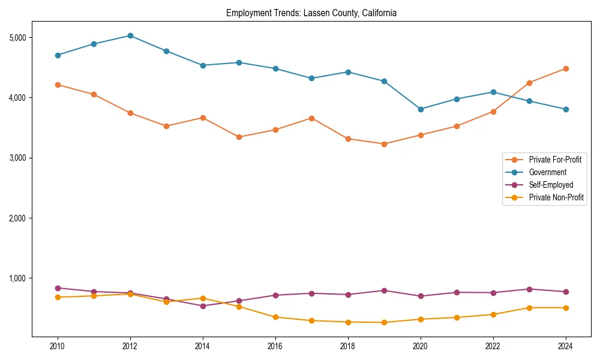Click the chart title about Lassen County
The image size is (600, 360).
311,13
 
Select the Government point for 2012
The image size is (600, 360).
130,35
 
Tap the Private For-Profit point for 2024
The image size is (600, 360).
565,68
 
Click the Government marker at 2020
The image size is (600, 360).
421,109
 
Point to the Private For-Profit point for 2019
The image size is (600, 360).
384,144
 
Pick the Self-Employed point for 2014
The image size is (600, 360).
203,306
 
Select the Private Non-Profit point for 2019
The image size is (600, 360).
384,323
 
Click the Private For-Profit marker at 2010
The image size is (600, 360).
58,85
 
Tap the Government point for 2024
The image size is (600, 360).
565,109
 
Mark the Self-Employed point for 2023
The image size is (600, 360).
529,289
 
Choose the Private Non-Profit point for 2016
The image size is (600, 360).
275,317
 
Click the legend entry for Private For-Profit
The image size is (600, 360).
555,160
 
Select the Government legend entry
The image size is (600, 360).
547,172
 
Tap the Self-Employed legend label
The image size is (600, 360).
551,185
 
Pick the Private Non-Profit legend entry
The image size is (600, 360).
556,197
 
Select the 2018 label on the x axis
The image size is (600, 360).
348,346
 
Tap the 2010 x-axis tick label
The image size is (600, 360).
58,346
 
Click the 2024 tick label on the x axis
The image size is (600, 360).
565,346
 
